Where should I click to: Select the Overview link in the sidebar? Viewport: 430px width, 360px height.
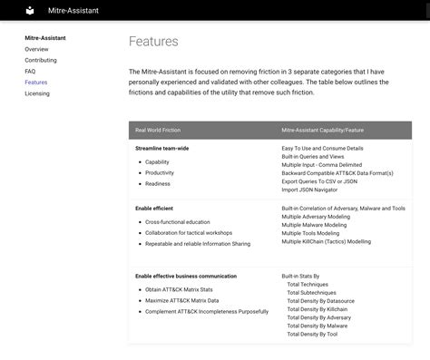(36, 49)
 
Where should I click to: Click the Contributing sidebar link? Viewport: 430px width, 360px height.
(40, 60)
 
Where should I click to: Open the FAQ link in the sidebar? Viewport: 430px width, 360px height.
(30, 71)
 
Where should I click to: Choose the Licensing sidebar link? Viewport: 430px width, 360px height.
(37, 93)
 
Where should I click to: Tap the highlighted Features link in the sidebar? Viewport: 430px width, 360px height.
(36, 83)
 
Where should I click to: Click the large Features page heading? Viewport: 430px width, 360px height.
(153, 42)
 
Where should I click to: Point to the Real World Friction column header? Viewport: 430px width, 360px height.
(158, 131)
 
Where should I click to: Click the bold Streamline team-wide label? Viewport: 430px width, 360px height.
(162, 148)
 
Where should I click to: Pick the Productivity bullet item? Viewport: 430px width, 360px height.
(160, 172)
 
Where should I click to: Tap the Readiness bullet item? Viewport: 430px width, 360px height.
(158, 183)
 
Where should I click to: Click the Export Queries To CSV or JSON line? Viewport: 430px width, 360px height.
(319, 181)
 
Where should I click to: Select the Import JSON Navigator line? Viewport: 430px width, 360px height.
(309, 190)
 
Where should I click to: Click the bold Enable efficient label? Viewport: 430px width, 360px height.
(154, 209)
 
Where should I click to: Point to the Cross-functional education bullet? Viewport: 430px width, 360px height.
(178, 221)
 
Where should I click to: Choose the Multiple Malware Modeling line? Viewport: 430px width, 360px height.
(314, 225)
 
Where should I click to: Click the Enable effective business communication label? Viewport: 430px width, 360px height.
(186, 276)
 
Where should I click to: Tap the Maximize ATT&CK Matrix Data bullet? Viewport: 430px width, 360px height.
(182, 300)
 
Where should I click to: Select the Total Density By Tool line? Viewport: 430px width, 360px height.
(312, 334)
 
